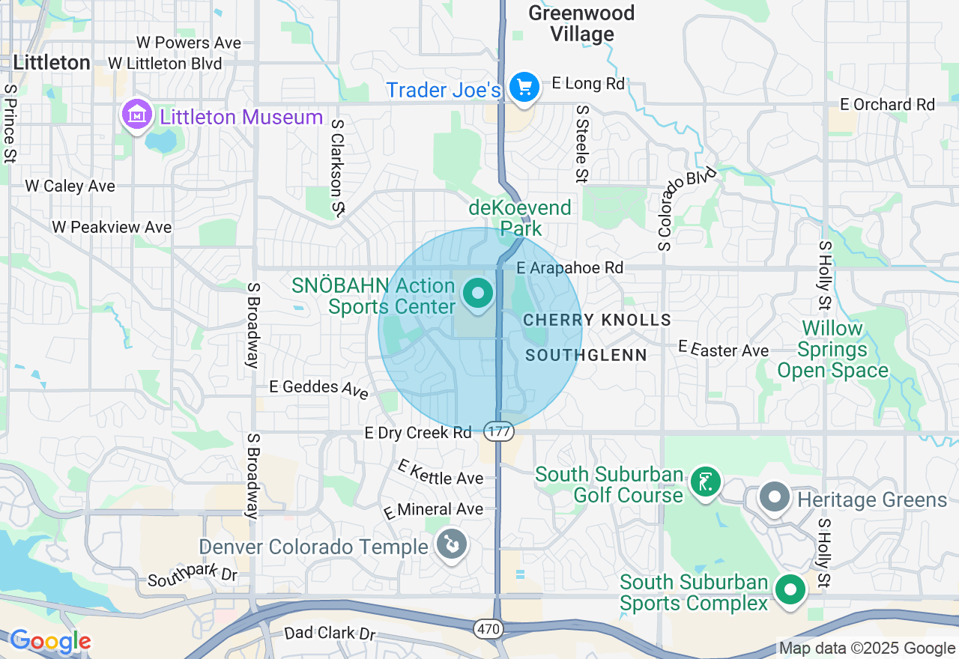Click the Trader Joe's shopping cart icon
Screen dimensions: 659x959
pyautogui.click(x=524, y=88)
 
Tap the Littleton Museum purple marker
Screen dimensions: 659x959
pyautogui.click(x=137, y=116)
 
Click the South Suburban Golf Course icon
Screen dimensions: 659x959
pyautogui.click(x=705, y=482)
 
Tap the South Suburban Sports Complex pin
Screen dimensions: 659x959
pyautogui.click(x=790, y=589)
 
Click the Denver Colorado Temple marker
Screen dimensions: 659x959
pyautogui.click(x=452, y=544)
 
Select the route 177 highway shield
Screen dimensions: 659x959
pyautogui.click(x=497, y=431)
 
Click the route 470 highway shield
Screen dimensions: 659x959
pyautogui.click(x=489, y=629)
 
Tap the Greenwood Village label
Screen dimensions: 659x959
pyautogui.click(x=581, y=23)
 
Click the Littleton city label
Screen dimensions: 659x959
pyautogui.click(x=52, y=62)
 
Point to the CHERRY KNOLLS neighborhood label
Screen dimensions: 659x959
pyautogui.click(x=597, y=320)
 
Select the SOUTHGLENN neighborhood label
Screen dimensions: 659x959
pyautogui.click(x=586, y=355)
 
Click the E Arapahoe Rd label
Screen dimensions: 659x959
pyautogui.click(x=570, y=267)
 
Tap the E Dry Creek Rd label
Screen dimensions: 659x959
pyautogui.click(x=418, y=433)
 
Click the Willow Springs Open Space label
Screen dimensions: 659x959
pyautogui.click(x=832, y=349)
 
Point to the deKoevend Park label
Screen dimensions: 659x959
pyautogui.click(x=520, y=217)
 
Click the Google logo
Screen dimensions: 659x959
pyautogui.click(x=50, y=641)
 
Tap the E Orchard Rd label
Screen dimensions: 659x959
pyautogui.click(x=888, y=104)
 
